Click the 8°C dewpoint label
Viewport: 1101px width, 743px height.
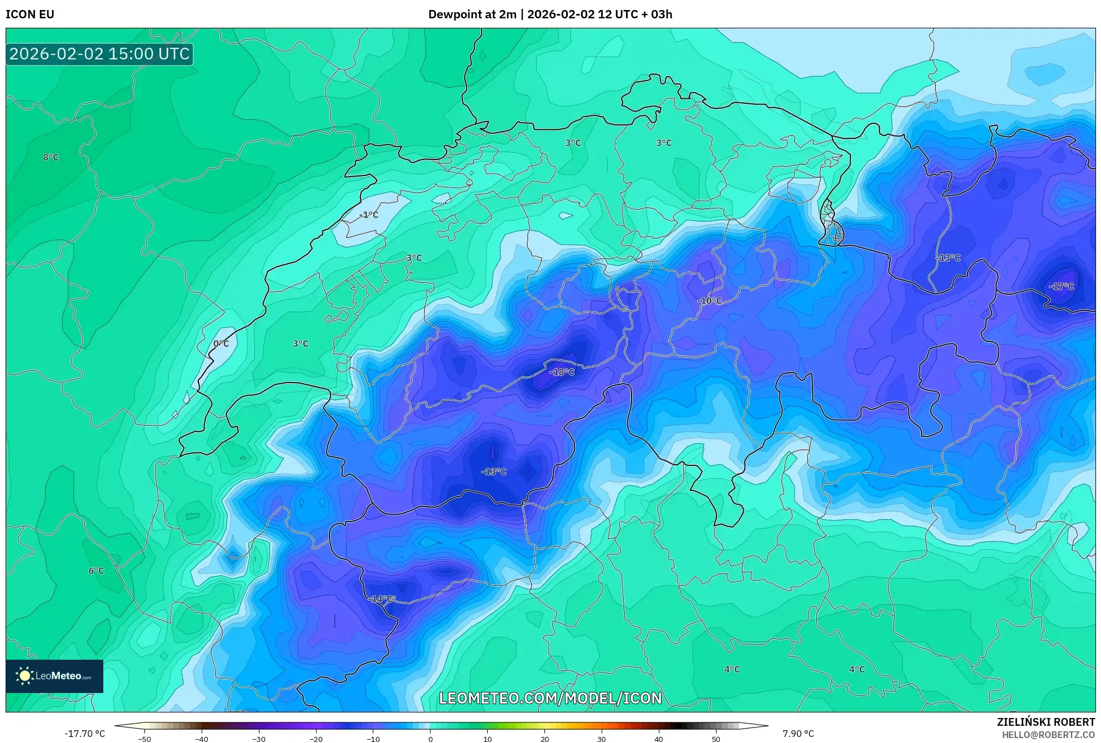[x=51, y=157]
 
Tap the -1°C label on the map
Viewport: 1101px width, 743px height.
[x=368, y=215]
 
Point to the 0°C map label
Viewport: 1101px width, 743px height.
[x=221, y=344]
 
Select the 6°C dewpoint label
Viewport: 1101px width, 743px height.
[x=96, y=570]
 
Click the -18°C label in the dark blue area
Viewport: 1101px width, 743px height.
[x=562, y=372]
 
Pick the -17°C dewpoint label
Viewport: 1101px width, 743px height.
[x=1061, y=287]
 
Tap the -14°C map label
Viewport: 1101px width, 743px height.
[x=382, y=599]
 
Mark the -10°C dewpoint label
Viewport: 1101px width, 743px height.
[x=709, y=301]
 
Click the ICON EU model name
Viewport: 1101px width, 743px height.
[x=30, y=14]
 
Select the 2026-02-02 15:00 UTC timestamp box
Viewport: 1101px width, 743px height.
[x=99, y=54]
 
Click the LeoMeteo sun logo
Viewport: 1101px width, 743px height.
[x=24, y=676]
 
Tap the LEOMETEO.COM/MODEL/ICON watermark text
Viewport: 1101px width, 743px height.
[x=550, y=698]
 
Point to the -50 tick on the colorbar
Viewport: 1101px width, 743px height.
[x=144, y=739]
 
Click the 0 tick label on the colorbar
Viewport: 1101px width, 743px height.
[x=430, y=739]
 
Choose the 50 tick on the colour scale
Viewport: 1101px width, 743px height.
[x=715, y=739]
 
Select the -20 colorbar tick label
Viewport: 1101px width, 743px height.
[x=316, y=739]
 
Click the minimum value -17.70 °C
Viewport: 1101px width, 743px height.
[x=84, y=734]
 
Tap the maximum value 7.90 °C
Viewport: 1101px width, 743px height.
[x=798, y=734]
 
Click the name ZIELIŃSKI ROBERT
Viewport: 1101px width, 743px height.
[x=1045, y=722]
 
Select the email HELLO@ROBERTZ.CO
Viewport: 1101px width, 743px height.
[x=1048, y=735]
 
